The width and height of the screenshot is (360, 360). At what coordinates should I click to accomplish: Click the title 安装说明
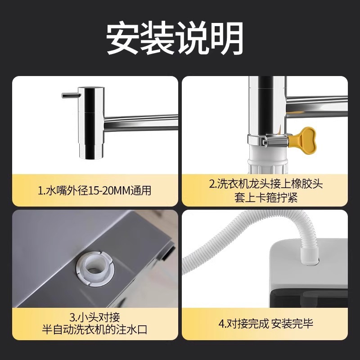point(175,39)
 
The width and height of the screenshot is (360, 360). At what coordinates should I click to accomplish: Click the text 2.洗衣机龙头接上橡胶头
point(266,184)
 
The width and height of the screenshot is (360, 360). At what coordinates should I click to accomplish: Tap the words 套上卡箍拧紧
point(265,197)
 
